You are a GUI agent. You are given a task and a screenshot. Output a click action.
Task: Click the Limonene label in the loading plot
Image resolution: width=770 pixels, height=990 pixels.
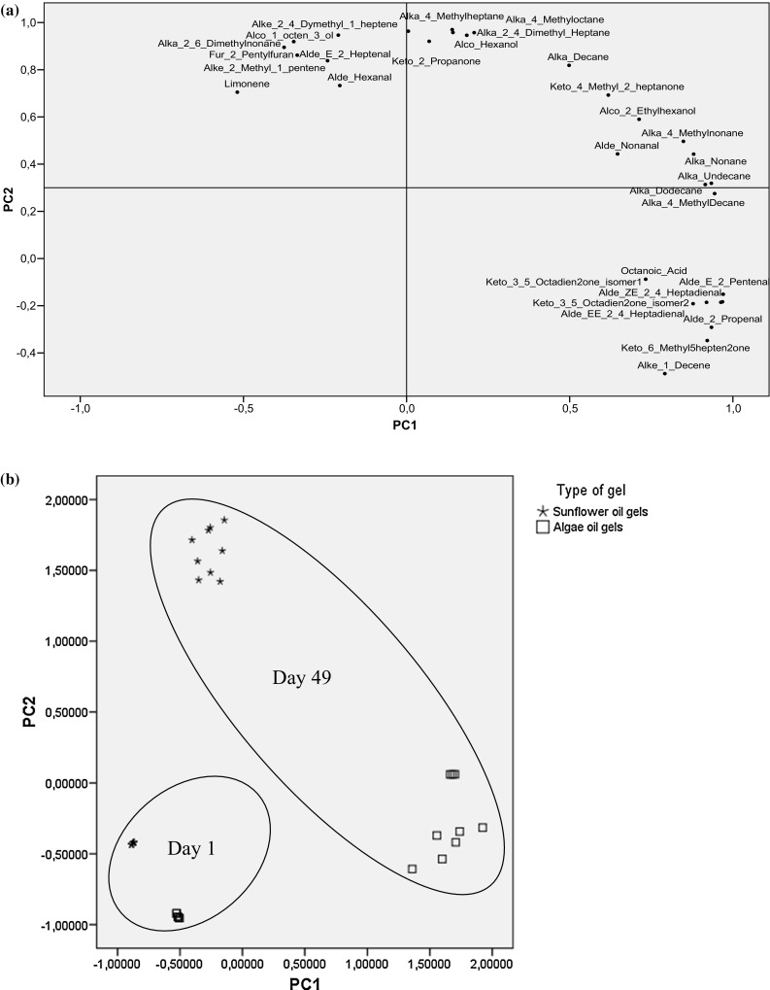[x=247, y=85]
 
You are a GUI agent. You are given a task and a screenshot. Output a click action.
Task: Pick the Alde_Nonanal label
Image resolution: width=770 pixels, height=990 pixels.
[x=626, y=146]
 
